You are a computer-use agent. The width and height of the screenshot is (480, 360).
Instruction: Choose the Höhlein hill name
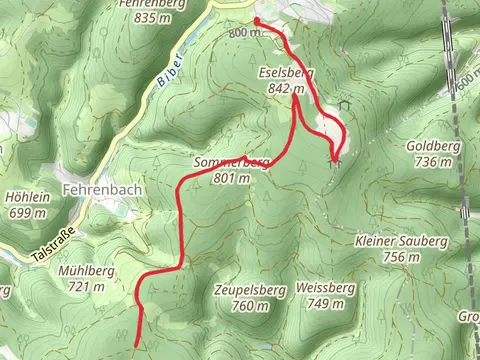[x=28, y=197]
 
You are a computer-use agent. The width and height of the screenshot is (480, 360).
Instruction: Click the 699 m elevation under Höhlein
[x=28, y=212]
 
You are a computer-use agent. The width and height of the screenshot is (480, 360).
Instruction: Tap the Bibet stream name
[x=167, y=67]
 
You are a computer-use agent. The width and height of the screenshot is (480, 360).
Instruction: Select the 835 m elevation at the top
[x=153, y=18]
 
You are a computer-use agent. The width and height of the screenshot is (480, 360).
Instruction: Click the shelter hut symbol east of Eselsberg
[x=345, y=104]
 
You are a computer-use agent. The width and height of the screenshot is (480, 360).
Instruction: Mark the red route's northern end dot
[x=257, y=20]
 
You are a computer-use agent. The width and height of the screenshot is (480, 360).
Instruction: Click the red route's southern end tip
[x=137, y=344]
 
